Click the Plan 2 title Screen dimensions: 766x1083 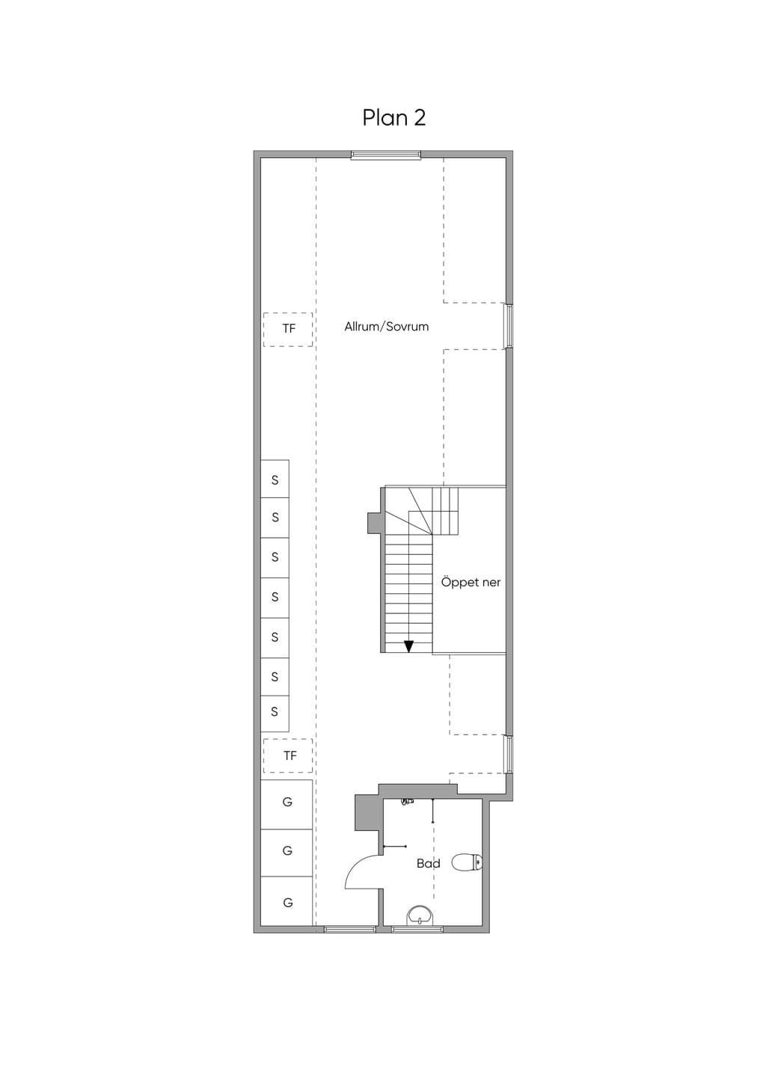point(393,117)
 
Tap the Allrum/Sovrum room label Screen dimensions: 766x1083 point(387,327)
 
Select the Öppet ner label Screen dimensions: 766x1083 point(471,583)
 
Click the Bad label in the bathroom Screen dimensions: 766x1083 point(429,864)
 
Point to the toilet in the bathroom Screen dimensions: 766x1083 point(467,862)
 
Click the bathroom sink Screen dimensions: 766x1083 point(420,916)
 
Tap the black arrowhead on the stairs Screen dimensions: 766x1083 point(409,646)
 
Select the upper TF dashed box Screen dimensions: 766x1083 point(288,329)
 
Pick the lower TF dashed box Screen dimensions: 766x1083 point(288,755)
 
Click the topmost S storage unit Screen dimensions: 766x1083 point(275,479)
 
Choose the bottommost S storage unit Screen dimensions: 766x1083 point(275,712)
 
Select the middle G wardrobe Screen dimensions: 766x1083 point(287,853)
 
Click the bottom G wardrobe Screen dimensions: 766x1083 point(287,902)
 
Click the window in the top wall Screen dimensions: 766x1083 point(386,155)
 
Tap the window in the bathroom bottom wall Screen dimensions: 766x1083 point(417,929)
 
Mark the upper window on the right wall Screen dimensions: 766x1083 point(508,325)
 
